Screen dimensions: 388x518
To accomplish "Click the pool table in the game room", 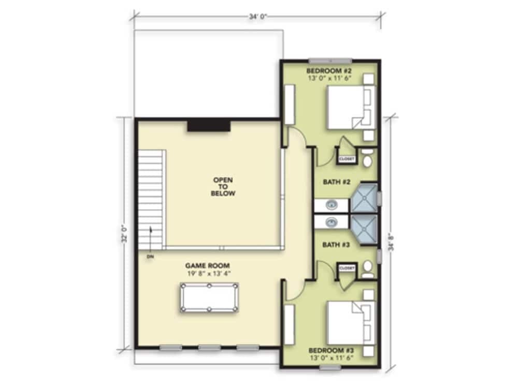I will click(209, 298).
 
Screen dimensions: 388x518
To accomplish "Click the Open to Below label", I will click(223, 187).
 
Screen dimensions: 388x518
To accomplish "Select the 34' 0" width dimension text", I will click(257, 17).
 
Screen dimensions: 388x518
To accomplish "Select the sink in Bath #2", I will click(332, 205).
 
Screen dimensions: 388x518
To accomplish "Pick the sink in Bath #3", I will click(332, 221).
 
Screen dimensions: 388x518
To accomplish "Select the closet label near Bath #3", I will click(346, 268).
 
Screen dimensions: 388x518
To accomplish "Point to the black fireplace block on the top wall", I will click(209, 126).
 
